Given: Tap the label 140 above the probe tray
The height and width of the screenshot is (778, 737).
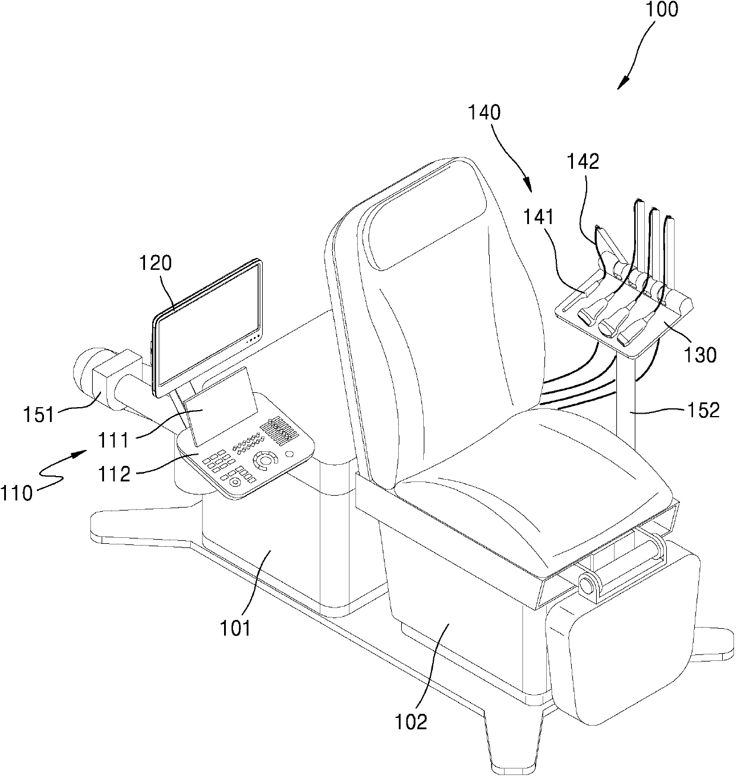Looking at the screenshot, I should tap(484, 113).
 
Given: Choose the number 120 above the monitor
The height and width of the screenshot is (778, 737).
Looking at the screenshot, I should tap(156, 263).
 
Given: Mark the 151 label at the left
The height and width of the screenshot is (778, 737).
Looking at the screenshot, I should tap(39, 414).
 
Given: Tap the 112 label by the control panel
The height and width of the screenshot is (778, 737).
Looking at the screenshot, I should tap(116, 474).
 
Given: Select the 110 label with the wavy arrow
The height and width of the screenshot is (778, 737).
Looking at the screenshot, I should tap(16, 493).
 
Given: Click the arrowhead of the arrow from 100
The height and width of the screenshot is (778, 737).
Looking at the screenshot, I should tap(620, 86).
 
